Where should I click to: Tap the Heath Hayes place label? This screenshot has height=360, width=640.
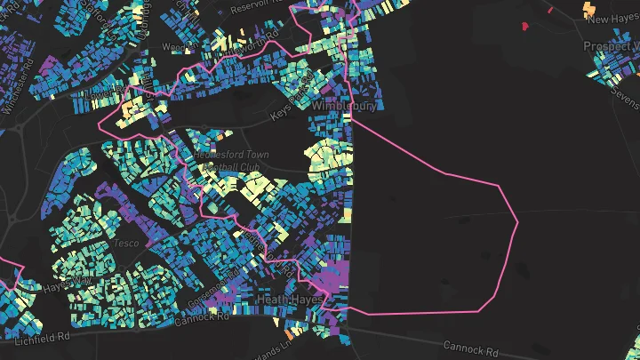[x=289, y=300]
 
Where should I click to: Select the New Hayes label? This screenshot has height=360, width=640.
[x=610, y=19]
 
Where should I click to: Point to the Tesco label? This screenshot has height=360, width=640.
[x=123, y=243]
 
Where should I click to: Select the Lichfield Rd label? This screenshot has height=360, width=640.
[x=42, y=337]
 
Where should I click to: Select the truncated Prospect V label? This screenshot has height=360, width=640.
[x=611, y=45]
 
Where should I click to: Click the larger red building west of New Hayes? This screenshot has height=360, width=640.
[x=524, y=26]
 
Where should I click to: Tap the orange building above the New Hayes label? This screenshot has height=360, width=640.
[x=588, y=8]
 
